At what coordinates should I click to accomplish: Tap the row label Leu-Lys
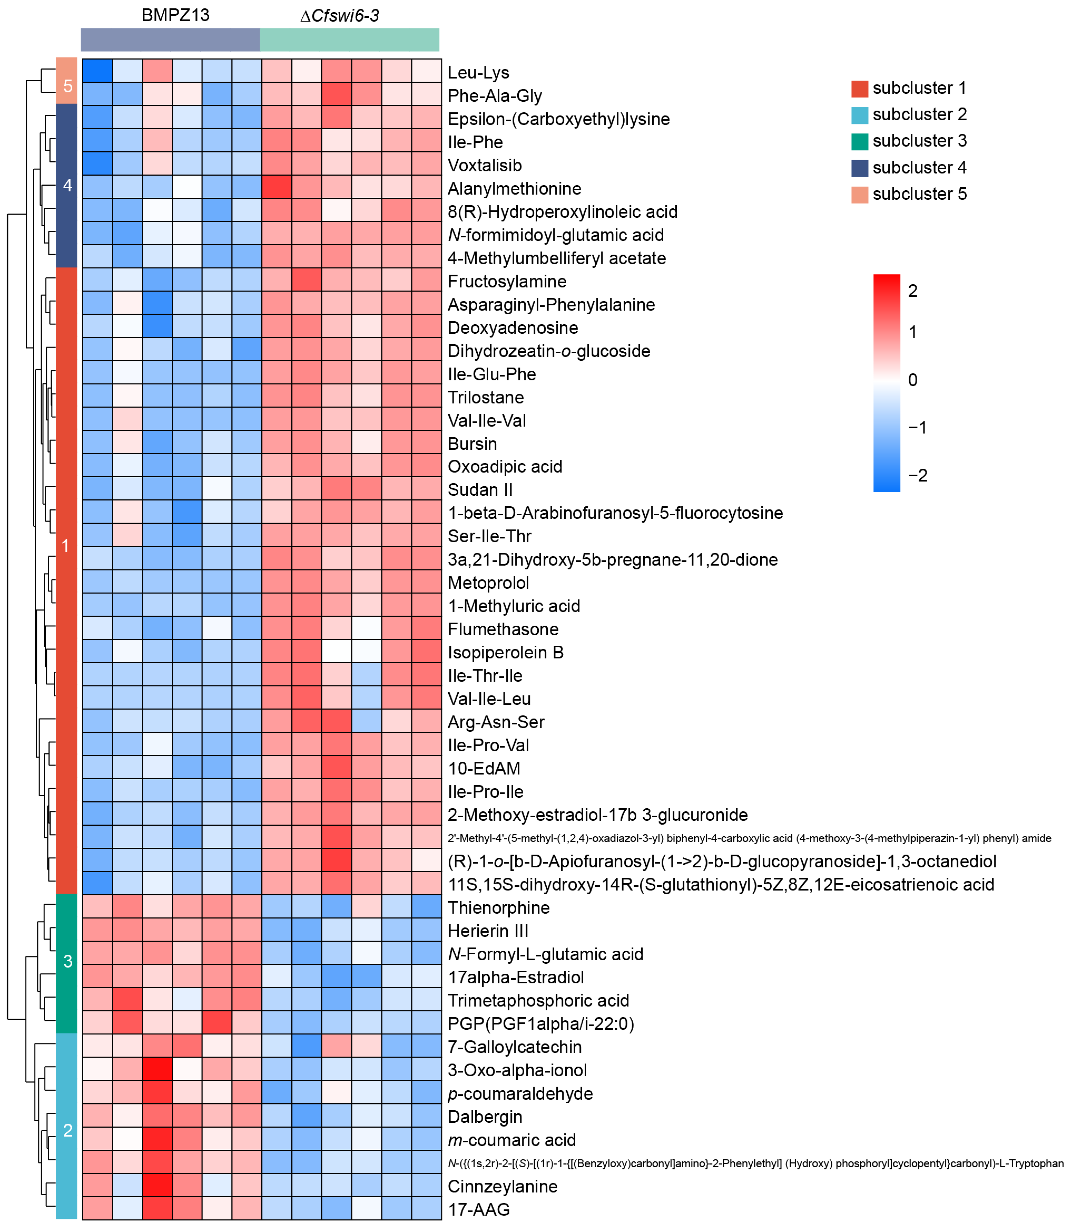pyautogui.click(x=478, y=73)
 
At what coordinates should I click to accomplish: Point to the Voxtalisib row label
pyautogui.click(x=485, y=165)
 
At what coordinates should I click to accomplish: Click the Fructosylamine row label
pyautogui.click(x=507, y=282)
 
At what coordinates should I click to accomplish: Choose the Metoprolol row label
pyautogui.click(x=488, y=583)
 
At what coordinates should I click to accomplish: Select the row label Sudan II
pyautogui.click(x=480, y=490)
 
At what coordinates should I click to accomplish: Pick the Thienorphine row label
pyautogui.click(x=499, y=908)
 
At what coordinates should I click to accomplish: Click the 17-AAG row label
pyautogui.click(x=479, y=1210)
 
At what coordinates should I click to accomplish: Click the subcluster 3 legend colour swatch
pyautogui.click(x=859, y=141)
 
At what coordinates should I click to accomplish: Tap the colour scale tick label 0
pyautogui.click(x=912, y=380)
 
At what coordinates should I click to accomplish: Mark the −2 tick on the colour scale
pyautogui.click(x=917, y=476)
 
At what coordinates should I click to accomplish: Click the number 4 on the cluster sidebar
pyautogui.click(x=67, y=186)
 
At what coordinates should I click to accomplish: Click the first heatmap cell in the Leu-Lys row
pyautogui.click(x=97, y=70)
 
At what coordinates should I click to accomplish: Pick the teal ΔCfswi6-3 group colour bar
pyautogui.click(x=349, y=39)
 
